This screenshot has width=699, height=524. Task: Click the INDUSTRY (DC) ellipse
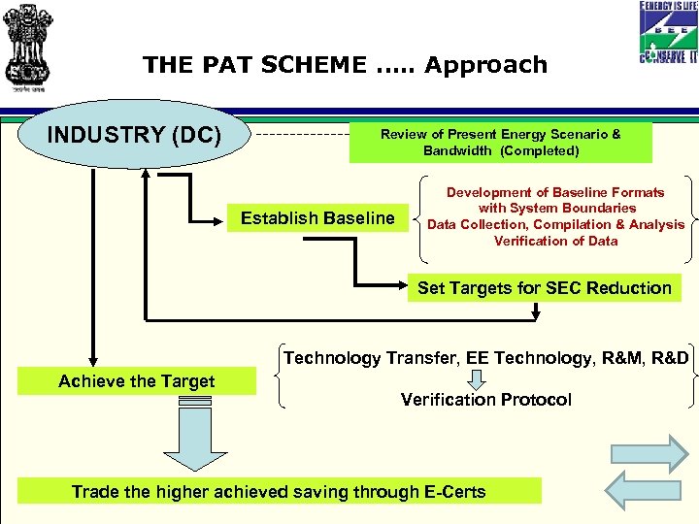pos(135,135)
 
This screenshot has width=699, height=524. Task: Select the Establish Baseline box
pos(317,218)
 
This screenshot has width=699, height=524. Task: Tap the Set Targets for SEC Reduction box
pos(544,288)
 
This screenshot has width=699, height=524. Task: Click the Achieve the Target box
pos(137,381)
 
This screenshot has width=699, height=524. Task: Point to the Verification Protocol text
pos(485,400)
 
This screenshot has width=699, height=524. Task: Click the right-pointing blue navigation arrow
pos(648,453)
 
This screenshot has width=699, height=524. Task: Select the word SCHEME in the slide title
pos(307,65)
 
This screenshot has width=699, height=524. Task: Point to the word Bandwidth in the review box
pos(457,150)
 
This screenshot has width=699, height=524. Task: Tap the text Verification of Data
pos(555,241)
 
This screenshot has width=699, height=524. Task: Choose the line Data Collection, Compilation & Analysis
pos(555,224)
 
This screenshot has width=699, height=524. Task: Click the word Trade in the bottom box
pos(95,492)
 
